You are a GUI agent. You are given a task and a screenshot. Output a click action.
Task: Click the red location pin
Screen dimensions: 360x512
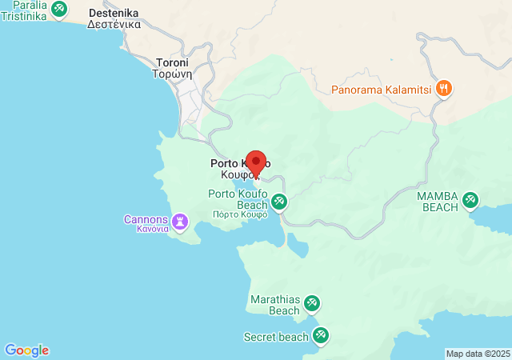click(255, 161)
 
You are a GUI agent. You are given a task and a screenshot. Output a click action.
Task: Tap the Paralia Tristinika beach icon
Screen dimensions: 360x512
click(58, 9)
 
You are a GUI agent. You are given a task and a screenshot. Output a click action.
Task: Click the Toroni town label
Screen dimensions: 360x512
click(173, 62)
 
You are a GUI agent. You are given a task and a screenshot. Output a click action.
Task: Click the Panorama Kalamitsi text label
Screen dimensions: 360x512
click(383, 89)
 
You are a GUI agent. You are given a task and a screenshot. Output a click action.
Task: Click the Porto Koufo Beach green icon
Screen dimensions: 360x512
click(279, 202)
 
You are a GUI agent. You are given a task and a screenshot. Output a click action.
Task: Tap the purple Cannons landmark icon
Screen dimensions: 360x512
click(182, 219)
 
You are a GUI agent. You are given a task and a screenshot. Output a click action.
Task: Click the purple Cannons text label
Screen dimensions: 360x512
click(146, 219)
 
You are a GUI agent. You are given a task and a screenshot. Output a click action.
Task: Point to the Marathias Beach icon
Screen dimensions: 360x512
click(312, 302)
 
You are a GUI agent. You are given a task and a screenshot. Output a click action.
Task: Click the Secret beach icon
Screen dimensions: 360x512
click(321, 336)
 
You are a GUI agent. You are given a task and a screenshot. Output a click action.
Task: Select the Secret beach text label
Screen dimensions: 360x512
click(276, 337)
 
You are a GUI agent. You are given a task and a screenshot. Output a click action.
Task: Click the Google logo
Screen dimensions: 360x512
click(26, 350)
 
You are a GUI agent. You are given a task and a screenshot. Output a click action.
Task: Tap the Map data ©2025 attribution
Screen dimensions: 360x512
click(477, 354)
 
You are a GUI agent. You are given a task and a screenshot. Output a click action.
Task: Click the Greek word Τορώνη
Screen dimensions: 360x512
click(173, 74)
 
